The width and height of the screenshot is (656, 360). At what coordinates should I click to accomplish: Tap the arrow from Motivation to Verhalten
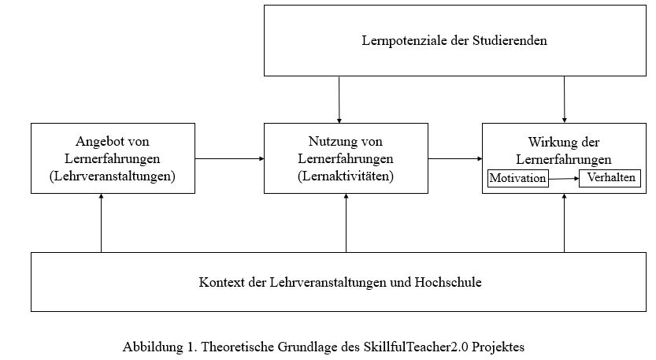pyautogui.click(x=564, y=179)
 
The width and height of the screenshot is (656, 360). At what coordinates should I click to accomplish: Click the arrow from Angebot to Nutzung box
pyautogui.click(x=230, y=158)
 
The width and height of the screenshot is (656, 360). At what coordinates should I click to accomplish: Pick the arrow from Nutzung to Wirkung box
pyautogui.click(x=455, y=158)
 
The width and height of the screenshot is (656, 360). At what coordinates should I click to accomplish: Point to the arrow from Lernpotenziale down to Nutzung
pyautogui.click(x=339, y=99)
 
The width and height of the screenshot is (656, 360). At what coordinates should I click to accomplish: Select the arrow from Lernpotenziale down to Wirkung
pyautogui.click(x=565, y=99)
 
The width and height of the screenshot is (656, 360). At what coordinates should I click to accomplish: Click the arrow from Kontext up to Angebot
pyautogui.click(x=102, y=223)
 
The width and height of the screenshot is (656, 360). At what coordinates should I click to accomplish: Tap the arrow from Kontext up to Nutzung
pyautogui.click(x=346, y=223)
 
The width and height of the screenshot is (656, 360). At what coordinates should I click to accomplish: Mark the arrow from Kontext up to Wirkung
pyautogui.click(x=565, y=223)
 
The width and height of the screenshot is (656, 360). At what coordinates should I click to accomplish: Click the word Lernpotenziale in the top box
pyautogui.click(x=405, y=41)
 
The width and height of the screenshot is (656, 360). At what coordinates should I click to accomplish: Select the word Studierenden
pyautogui.click(x=510, y=41)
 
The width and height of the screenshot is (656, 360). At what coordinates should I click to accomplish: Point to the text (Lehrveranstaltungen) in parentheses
pyautogui.click(x=113, y=176)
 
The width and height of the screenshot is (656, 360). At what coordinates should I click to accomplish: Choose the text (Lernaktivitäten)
pyautogui.click(x=346, y=176)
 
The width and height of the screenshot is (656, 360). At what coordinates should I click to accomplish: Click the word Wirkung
pyautogui.click(x=550, y=143)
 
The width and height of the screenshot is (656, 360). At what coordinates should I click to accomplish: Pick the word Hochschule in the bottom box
pyautogui.click(x=448, y=282)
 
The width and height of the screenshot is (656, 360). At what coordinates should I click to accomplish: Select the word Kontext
pyautogui.click(x=221, y=282)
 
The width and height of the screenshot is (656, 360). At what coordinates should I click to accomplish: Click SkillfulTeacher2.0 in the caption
pyautogui.click(x=416, y=347)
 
